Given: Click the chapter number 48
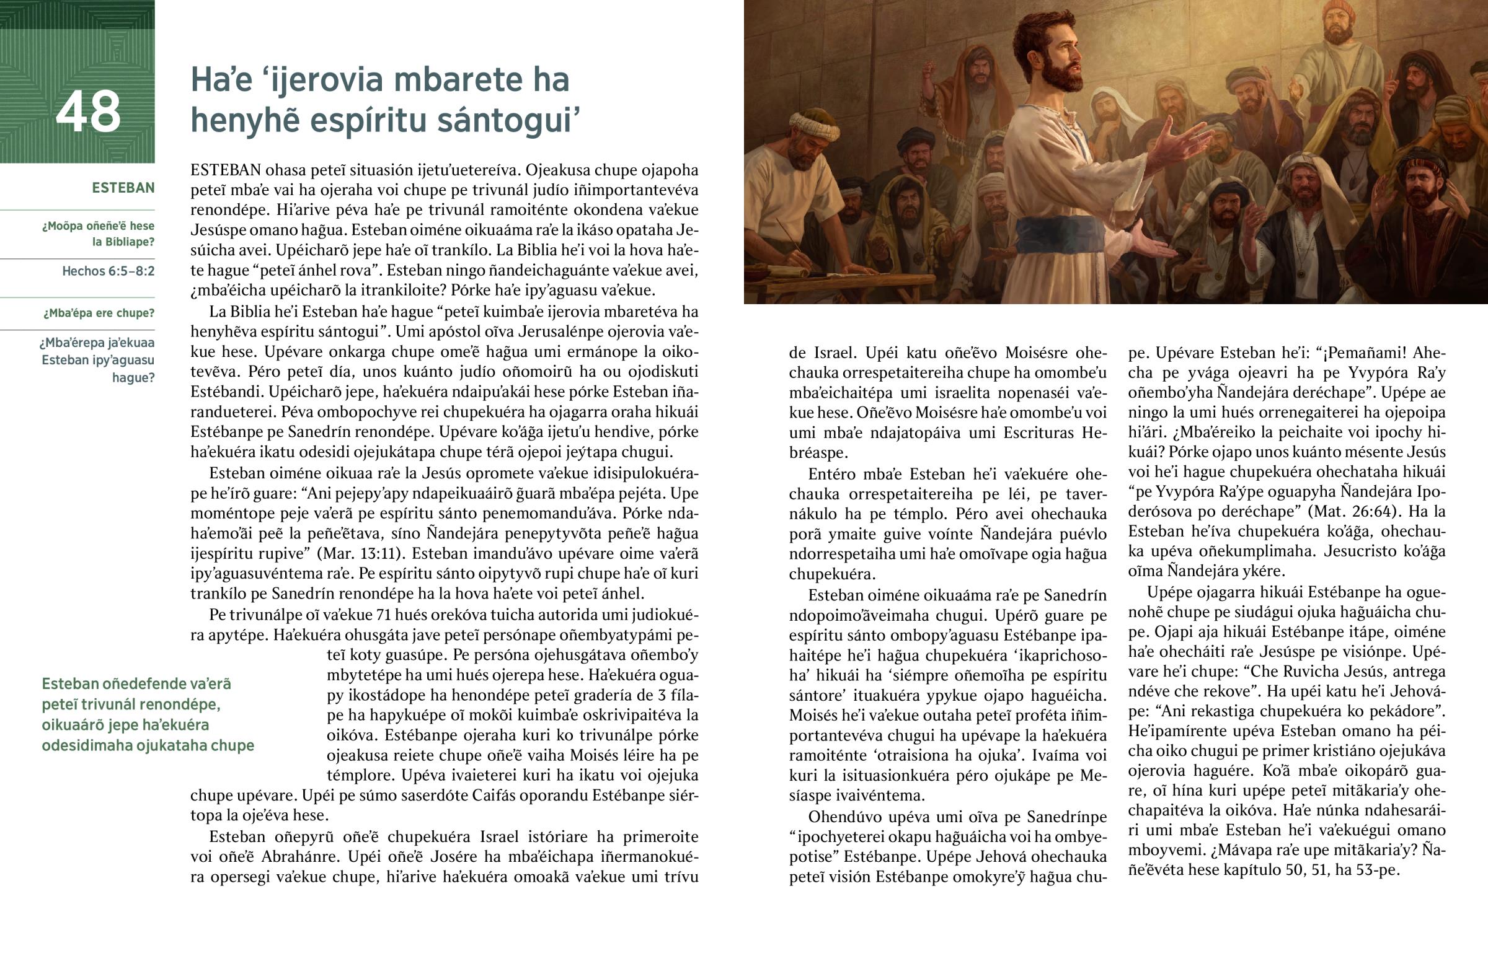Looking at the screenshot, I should [x=88, y=112].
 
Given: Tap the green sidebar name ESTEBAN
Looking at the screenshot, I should [x=123, y=188].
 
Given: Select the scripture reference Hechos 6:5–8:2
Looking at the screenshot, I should [x=108, y=271].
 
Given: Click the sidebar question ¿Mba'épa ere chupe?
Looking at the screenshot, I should [x=99, y=313].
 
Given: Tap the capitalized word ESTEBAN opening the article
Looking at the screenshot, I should [x=226, y=170].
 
